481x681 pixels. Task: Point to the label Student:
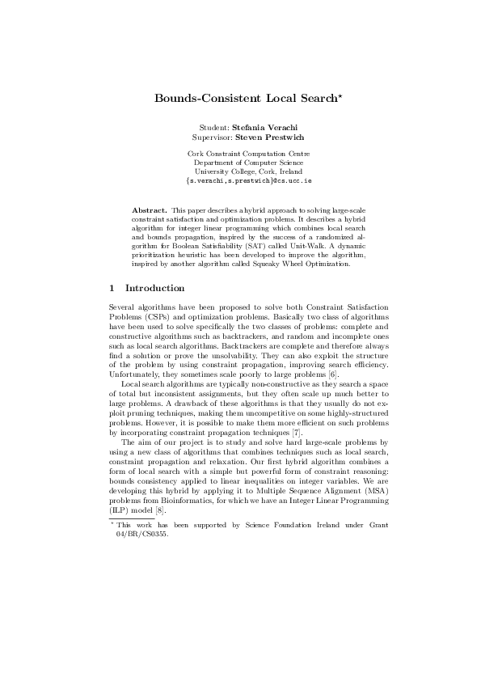(214, 128)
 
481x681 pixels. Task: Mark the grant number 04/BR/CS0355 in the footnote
(142, 533)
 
